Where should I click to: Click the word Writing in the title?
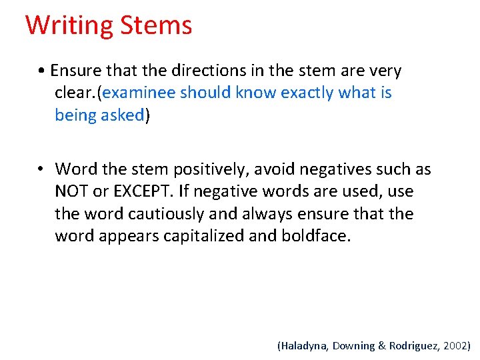click(69, 25)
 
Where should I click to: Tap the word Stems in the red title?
click(156, 25)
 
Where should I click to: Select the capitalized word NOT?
click(72, 192)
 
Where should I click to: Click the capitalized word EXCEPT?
click(141, 192)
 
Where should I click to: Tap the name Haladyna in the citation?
click(302, 345)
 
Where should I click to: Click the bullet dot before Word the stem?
click(41, 170)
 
